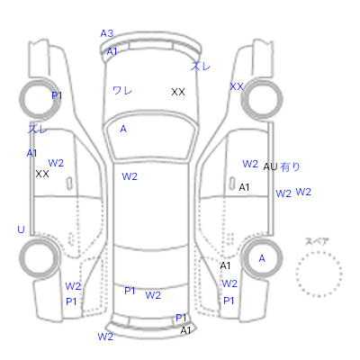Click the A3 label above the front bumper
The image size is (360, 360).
click(x=107, y=33)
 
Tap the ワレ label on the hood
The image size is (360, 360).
click(x=122, y=90)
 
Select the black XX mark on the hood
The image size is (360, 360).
click(x=178, y=92)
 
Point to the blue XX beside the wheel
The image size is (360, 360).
click(x=237, y=86)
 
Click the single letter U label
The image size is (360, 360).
click(x=21, y=229)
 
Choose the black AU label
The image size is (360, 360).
click(x=270, y=166)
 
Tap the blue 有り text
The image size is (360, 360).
click(x=290, y=166)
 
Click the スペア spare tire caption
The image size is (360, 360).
click(x=317, y=241)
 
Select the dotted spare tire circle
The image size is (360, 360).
click(x=319, y=252)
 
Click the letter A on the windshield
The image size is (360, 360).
click(x=123, y=129)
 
